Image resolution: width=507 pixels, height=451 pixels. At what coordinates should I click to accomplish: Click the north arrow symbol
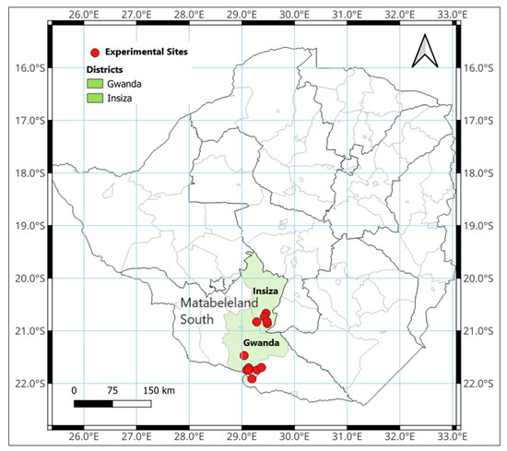point(423,51)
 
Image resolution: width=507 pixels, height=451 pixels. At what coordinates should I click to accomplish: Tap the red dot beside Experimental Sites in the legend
point(93,53)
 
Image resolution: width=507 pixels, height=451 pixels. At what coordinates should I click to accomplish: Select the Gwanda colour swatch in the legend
point(96,83)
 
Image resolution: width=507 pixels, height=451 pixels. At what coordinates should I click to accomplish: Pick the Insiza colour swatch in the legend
point(96,97)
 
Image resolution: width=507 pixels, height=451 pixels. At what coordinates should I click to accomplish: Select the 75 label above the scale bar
point(112,390)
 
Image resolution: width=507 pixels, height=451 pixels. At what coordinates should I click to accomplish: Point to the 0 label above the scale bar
point(74,390)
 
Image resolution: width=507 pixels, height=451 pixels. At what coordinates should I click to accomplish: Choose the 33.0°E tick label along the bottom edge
point(452,437)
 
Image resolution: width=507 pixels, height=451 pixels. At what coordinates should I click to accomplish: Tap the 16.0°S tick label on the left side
point(29,67)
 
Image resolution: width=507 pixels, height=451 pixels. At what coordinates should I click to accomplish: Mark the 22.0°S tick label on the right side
point(482,384)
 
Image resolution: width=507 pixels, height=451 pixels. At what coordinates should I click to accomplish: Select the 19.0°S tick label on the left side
point(29,225)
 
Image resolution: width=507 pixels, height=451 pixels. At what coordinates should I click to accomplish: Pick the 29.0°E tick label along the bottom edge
point(242,437)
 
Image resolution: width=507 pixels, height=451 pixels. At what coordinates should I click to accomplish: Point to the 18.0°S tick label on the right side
point(482,172)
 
